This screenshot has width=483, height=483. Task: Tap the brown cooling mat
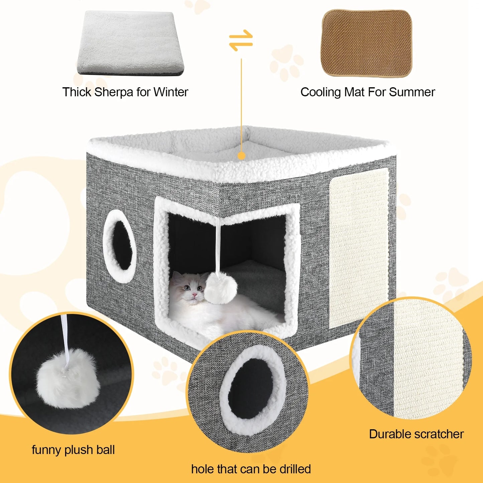point(367,43)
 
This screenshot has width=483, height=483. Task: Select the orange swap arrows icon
point(241,40)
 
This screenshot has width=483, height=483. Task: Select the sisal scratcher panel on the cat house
point(359,247)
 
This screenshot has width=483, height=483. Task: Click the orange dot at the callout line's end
point(241,155)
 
